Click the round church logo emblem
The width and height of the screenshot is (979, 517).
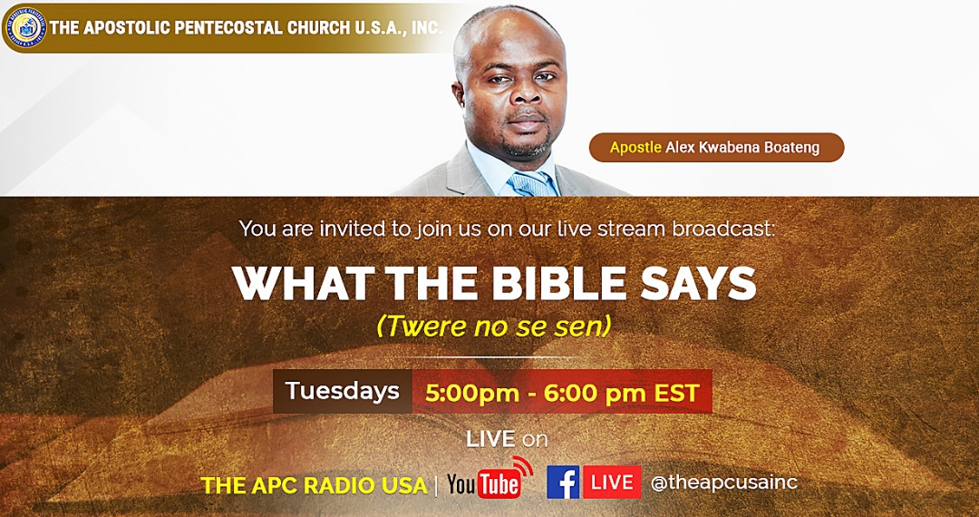(25, 27)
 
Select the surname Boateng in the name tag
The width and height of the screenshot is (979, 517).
(795, 148)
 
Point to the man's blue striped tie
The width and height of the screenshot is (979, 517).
(533, 184)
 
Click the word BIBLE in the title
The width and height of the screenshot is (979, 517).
(558, 284)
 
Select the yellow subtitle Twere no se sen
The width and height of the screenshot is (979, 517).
(494, 327)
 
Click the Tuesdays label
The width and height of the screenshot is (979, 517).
(342, 391)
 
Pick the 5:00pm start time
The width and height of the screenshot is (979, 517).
(472, 394)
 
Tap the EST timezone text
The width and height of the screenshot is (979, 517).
(676, 394)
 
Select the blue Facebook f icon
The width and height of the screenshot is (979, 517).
(563, 482)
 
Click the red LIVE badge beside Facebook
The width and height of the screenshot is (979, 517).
(613, 482)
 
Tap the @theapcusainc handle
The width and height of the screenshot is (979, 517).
(724, 483)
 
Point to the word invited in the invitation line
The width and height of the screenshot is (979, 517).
(354, 229)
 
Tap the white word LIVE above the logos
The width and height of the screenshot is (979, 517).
(490, 439)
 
